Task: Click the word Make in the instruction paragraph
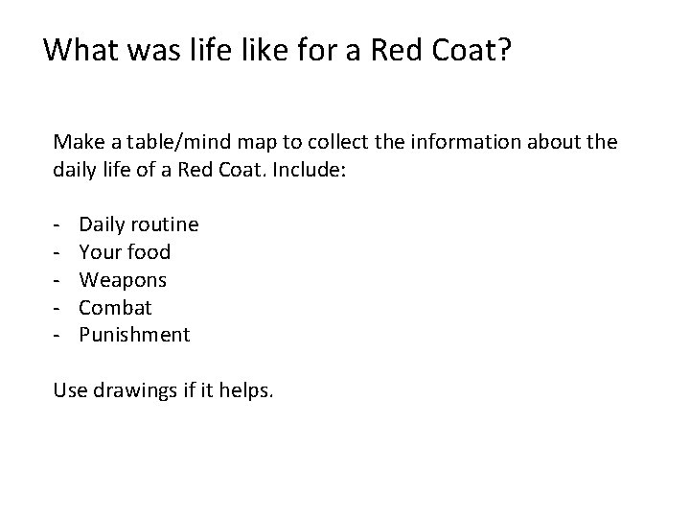click(x=77, y=142)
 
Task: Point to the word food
click(x=149, y=252)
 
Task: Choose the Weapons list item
click(x=123, y=280)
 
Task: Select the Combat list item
click(x=115, y=308)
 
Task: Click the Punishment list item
click(x=134, y=336)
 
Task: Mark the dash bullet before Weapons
click(x=58, y=280)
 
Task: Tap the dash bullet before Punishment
click(x=58, y=336)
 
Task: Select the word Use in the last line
click(x=70, y=391)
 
